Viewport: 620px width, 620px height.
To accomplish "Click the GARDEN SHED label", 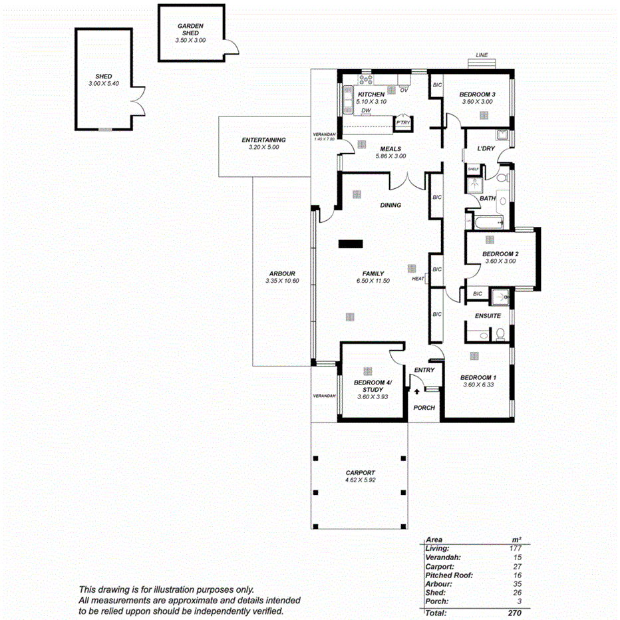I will tap(191, 29).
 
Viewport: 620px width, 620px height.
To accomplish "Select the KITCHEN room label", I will tap(371, 94).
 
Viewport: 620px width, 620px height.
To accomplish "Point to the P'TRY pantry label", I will tap(402, 123).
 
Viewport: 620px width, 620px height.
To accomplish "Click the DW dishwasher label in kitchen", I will tap(366, 110).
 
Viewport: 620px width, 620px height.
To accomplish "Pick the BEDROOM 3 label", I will tap(477, 94).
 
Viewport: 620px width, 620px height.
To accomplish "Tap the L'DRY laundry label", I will tap(486, 148).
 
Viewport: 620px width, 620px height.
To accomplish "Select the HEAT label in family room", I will tap(418, 279).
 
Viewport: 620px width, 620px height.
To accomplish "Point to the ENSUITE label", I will tap(488, 315).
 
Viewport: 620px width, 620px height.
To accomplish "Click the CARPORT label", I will tap(360, 472).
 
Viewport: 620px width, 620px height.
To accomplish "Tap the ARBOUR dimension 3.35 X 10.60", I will tap(282, 281).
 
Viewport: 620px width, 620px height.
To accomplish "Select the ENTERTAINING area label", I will tap(263, 140).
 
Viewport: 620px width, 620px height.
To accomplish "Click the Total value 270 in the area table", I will tap(514, 612).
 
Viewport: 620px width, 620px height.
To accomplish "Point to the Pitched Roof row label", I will tap(449, 575).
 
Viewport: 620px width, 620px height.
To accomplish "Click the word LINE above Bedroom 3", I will tap(482, 55).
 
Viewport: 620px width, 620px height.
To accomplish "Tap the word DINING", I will tap(390, 205).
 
